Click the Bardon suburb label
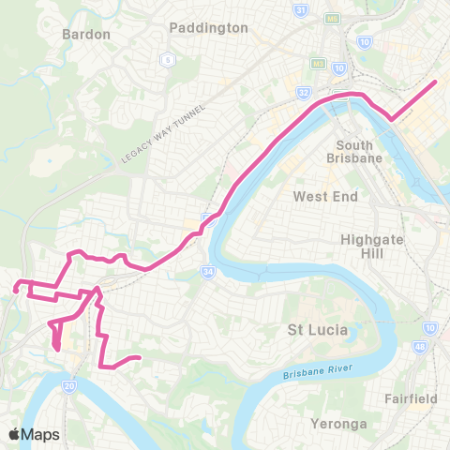pos(86,34)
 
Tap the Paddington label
pos(209,27)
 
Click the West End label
pos(321,196)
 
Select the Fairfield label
pos(411,398)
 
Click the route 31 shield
pos(300,10)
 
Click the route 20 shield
pos(69,385)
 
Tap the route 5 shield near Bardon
pos(169,60)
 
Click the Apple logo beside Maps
pos(15,434)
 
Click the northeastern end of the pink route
pos(436,82)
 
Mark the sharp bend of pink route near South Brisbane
pos(393,118)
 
